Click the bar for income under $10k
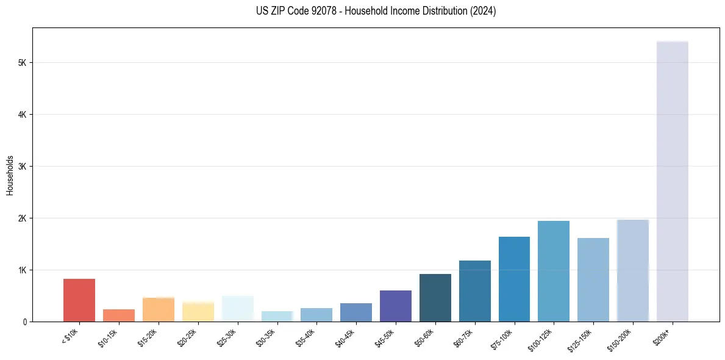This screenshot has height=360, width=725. coord(79,300)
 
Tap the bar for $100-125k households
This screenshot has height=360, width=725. coord(554,271)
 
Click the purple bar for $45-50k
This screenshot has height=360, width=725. coord(396,306)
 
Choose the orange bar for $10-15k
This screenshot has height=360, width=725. coord(119,315)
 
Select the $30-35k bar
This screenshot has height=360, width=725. coord(277,316)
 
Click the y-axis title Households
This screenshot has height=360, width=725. coord(10,175)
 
